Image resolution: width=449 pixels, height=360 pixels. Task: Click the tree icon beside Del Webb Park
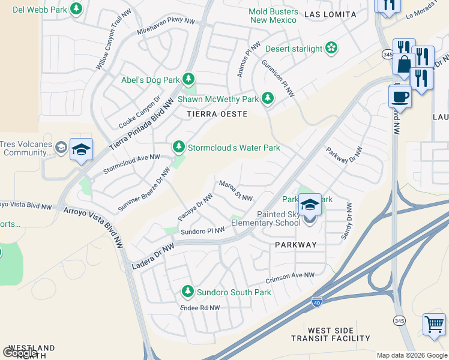tap(76, 9)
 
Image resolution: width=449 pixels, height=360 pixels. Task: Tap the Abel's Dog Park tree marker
tap(188, 79)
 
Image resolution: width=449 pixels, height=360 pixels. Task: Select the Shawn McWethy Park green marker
tap(267, 98)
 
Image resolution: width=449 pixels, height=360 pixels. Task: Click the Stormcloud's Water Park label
tap(234, 148)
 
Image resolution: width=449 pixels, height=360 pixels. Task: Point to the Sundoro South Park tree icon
tap(187, 292)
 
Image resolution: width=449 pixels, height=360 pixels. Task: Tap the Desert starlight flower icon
tap(331, 48)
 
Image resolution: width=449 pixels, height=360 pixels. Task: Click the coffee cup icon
tap(400, 96)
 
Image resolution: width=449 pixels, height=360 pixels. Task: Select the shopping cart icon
tap(434, 324)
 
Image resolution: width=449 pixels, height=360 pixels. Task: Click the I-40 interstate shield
tap(316, 302)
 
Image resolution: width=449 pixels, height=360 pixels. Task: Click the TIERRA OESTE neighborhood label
tap(217, 114)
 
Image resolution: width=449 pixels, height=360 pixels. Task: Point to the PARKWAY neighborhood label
tap(295, 245)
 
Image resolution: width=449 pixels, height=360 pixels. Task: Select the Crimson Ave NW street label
tap(290, 277)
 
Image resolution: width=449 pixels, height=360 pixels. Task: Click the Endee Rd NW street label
tap(200, 308)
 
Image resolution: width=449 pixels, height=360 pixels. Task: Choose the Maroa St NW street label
tap(235, 191)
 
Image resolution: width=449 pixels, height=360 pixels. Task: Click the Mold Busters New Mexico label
tap(274, 16)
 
